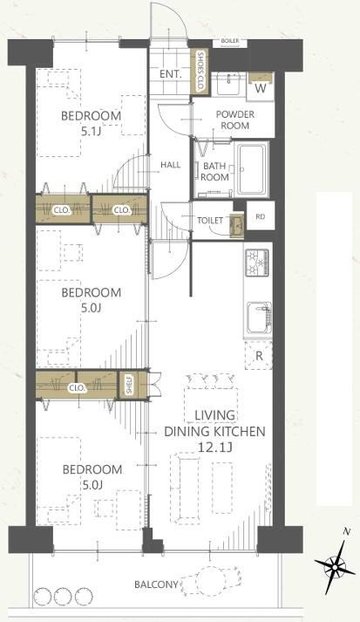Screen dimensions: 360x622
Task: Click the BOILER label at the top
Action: (x=230, y=41)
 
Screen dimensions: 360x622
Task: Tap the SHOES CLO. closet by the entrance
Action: (x=199, y=72)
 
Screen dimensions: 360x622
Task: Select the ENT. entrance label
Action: (x=171, y=74)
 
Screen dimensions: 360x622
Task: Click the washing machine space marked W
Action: (x=260, y=86)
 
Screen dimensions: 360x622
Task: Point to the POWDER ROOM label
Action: (x=235, y=120)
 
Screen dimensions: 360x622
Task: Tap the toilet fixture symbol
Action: (x=236, y=226)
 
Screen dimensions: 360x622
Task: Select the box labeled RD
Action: (x=261, y=216)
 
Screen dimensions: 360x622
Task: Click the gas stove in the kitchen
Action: (x=257, y=263)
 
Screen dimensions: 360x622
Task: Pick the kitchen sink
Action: (x=259, y=318)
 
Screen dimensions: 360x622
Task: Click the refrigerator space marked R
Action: (x=259, y=355)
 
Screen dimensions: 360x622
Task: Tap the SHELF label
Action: (x=129, y=385)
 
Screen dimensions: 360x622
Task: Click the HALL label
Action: (x=171, y=165)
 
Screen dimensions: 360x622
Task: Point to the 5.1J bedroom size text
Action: (x=92, y=132)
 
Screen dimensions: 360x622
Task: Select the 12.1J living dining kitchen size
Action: (x=214, y=448)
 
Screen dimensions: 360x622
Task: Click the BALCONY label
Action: (x=156, y=584)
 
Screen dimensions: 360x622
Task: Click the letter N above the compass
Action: (x=347, y=532)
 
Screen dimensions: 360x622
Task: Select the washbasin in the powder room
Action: (x=228, y=84)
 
